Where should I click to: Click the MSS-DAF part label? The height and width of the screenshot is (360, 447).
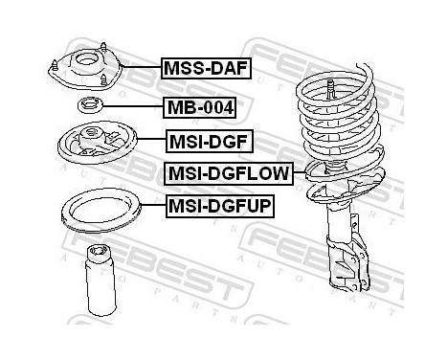point(203,68)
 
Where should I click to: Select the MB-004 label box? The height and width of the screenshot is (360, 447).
point(198,106)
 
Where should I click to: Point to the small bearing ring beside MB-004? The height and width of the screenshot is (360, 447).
point(89,105)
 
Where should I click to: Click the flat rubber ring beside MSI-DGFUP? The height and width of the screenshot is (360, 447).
point(100,208)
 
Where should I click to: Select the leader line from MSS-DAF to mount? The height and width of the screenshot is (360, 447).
point(140,68)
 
